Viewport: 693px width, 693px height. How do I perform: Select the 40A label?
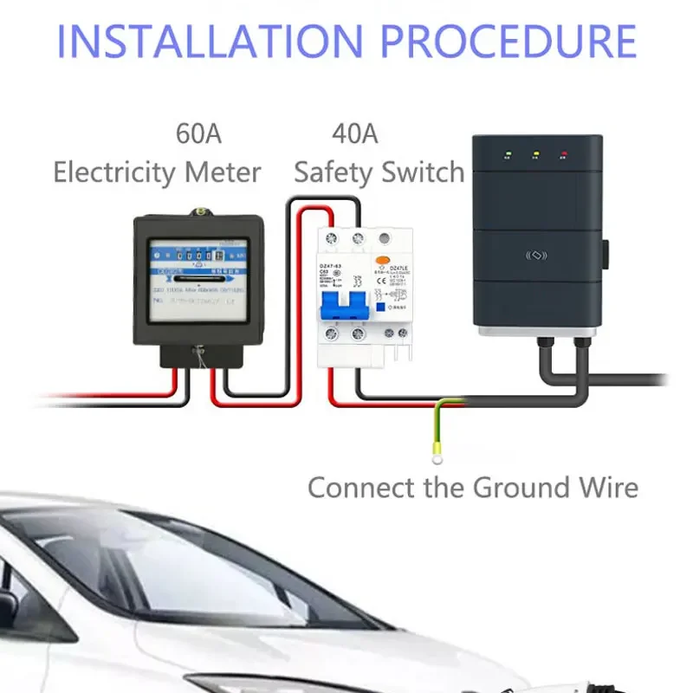point(355,135)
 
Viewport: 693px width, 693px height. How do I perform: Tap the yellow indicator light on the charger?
point(535,157)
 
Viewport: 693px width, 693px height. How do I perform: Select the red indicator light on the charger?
point(564,157)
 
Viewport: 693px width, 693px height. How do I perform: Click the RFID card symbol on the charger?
point(538,256)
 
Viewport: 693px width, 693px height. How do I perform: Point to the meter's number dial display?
point(193,256)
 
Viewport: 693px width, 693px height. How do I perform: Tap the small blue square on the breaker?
point(379,305)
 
